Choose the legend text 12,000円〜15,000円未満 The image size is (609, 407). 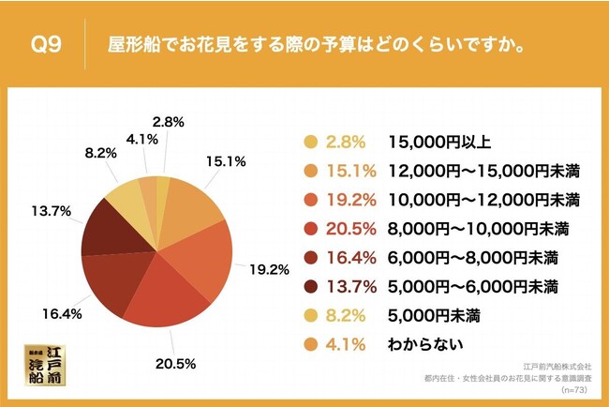[484, 171]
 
